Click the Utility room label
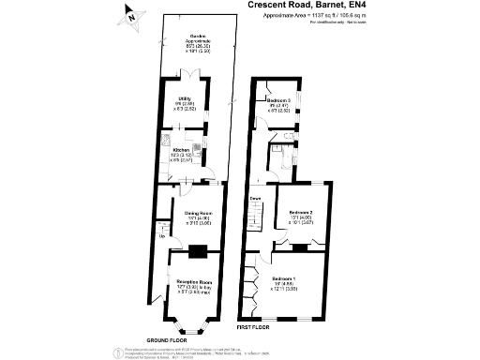[x=185, y=97]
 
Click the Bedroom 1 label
[x=283, y=279]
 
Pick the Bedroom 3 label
[x=277, y=99]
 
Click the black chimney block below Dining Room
[x=196, y=250]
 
